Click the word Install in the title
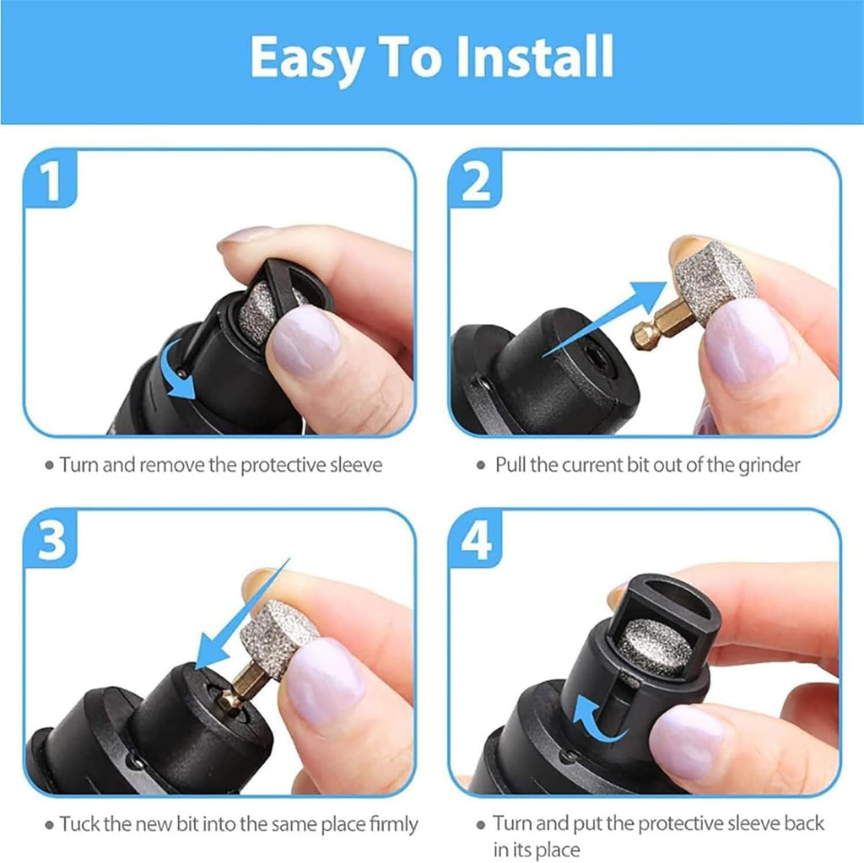526,57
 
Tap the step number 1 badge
52,181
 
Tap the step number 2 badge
477,181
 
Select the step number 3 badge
52,542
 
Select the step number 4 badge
477,542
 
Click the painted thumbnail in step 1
305,342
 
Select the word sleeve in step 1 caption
354,465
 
